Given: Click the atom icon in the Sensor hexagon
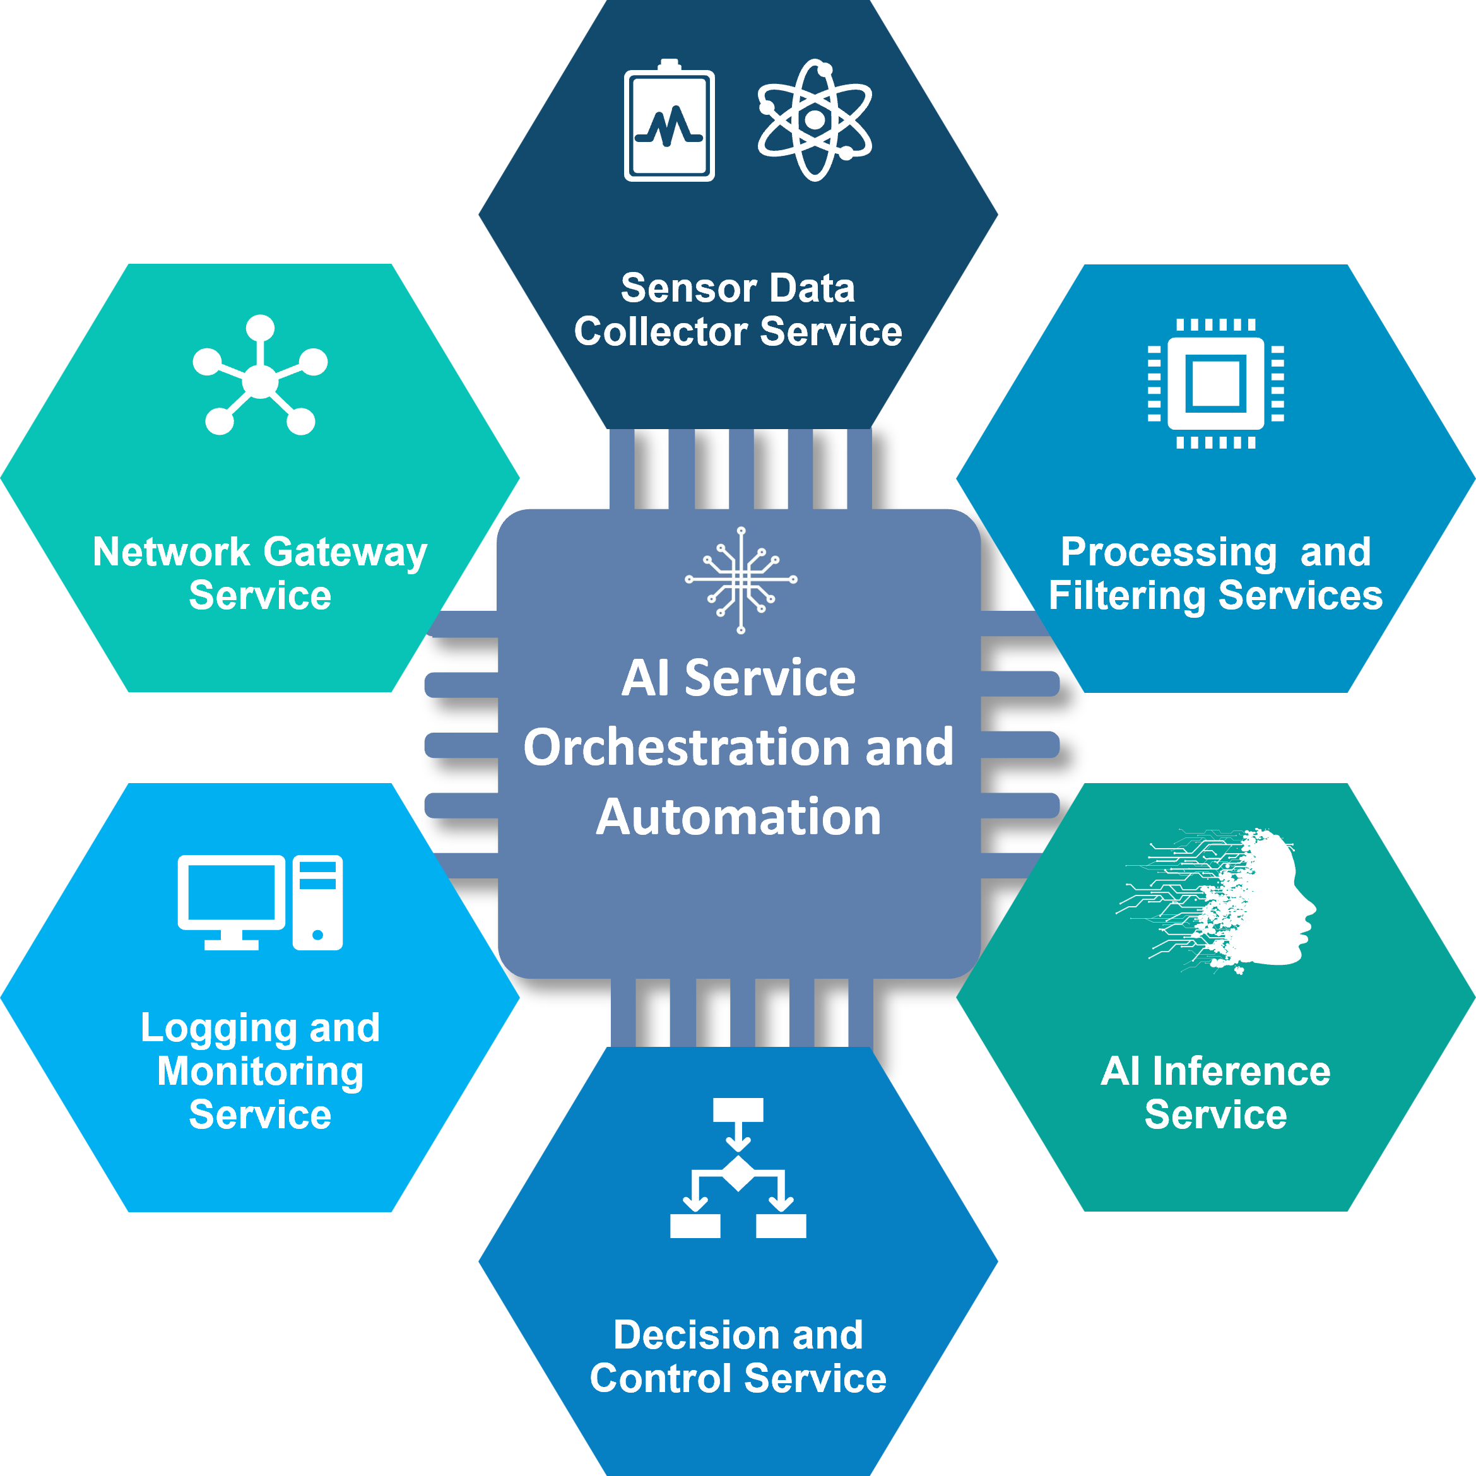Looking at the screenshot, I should pyautogui.click(x=815, y=120).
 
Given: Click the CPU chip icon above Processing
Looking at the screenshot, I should pyautogui.click(x=1215, y=383).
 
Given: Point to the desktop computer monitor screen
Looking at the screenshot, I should pyautogui.click(x=231, y=892).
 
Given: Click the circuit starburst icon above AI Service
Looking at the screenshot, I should pyautogui.click(x=740, y=580).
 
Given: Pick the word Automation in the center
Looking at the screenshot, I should pyautogui.click(x=738, y=817).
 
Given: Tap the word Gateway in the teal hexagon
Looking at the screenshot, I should pyautogui.click(x=345, y=552).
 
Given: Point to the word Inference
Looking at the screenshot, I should pyautogui.click(x=1241, y=1071).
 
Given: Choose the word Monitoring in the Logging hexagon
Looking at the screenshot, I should pyautogui.click(x=260, y=1071).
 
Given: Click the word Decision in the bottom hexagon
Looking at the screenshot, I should pyautogui.click(x=695, y=1335).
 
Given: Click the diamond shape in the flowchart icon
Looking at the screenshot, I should pyautogui.click(x=738, y=1174).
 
